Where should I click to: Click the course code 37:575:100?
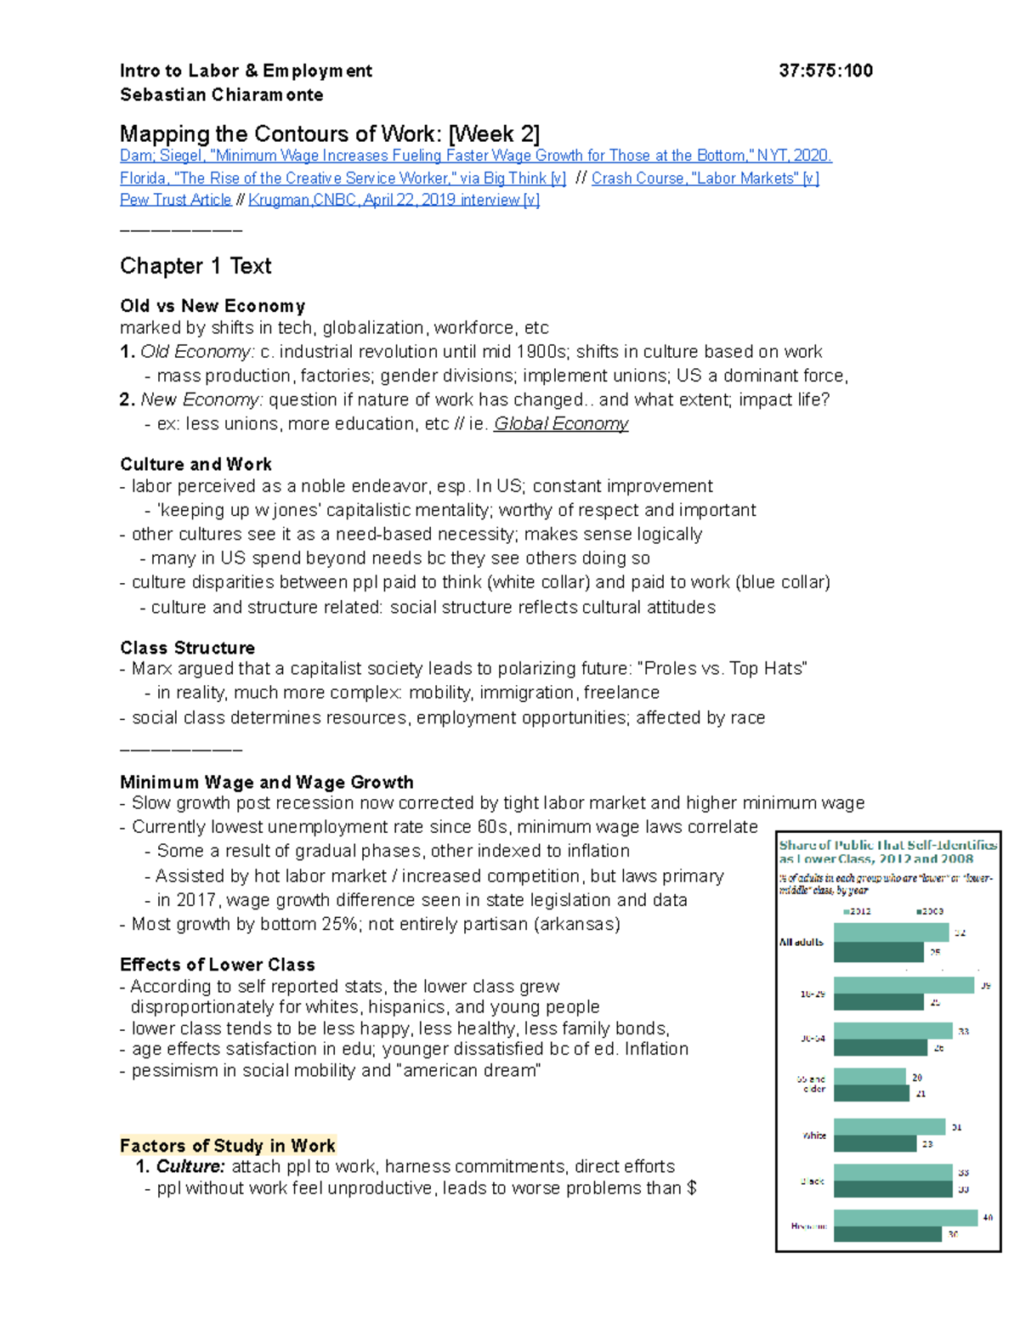click(x=825, y=71)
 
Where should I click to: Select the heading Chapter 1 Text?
click(x=195, y=266)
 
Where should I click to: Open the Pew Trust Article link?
click(x=175, y=200)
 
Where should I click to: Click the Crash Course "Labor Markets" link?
click(x=705, y=178)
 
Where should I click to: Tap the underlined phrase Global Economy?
click(x=561, y=424)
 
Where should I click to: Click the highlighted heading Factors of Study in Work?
click(x=228, y=1146)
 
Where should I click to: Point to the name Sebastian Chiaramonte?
click(x=221, y=95)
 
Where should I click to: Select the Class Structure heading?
click(x=187, y=648)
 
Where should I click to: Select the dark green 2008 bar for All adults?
click(x=878, y=952)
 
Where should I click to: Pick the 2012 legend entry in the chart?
click(x=857, y=911)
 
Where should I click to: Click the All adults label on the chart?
click(x=802, y=942)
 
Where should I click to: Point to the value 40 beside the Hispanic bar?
click(x=987, y=1217)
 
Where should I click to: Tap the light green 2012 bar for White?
click(x=889, y=1127)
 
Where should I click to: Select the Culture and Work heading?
click(x=195, y=464)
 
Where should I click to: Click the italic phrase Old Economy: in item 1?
click(x=197, y=352)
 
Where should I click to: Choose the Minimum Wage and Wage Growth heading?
click(x=266, y=782)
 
